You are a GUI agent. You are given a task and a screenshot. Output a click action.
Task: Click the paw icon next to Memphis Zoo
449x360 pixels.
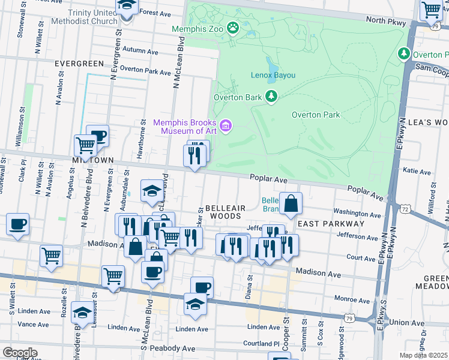click(x=232, y=28)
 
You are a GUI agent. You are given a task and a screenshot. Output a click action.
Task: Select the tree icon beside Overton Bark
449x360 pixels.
click(x=272, y=97)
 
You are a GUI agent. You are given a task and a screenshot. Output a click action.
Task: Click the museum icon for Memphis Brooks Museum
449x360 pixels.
click(x=226, y=125)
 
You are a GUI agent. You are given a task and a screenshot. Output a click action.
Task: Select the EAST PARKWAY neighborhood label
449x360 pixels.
click(x=331, y=224)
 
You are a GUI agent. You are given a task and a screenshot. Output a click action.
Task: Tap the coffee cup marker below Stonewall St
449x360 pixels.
click(x=17, y=224)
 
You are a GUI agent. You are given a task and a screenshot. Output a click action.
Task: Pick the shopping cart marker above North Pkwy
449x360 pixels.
click(x=430, y=10)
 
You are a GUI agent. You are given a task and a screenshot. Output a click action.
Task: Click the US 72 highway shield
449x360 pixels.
click(x=405, y=209)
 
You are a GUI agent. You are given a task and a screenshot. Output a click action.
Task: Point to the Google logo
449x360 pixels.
click(x=20, y=352)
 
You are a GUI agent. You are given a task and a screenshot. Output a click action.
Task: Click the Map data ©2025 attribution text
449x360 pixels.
click(x=424, y=355)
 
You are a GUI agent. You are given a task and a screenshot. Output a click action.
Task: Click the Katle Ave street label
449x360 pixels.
click(x=417, y=172)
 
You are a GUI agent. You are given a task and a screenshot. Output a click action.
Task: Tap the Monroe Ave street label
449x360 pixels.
click(x=352, y=299)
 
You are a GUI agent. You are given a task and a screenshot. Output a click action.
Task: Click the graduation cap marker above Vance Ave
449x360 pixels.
click(x=82, y=312)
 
